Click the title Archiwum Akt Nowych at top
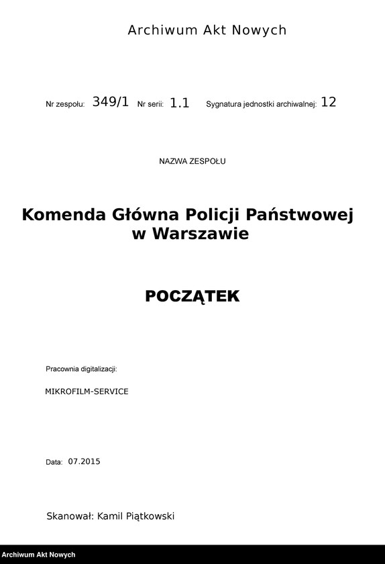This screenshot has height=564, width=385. click(x=207, y=30)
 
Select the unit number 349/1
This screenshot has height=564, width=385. click(x=110, y=102)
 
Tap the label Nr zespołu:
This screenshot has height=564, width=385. click(x=65, y=105)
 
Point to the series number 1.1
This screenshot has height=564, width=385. click(x=179, y=103)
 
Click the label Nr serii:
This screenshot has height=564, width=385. click(x=150, y=105)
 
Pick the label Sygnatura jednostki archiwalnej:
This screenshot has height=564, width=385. click(x=261, y=105)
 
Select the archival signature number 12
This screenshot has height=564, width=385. click(x=329, y=103)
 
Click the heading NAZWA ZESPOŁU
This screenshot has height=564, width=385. click(x=192, y=161)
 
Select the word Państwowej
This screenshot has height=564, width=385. click(x=300, y=215)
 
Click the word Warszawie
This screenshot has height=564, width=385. click(x=200, y=234)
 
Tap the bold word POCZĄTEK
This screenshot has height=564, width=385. click(x=192, y=296)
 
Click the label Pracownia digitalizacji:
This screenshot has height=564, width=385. click(x=81, y=369)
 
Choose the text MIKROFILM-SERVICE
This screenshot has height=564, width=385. click(x=87, y=391)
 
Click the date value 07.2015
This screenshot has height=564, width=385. click(x=84, y=461)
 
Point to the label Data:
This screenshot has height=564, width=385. click(x=54, y=462)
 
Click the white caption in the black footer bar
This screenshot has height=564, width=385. click(x=39, y=555)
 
